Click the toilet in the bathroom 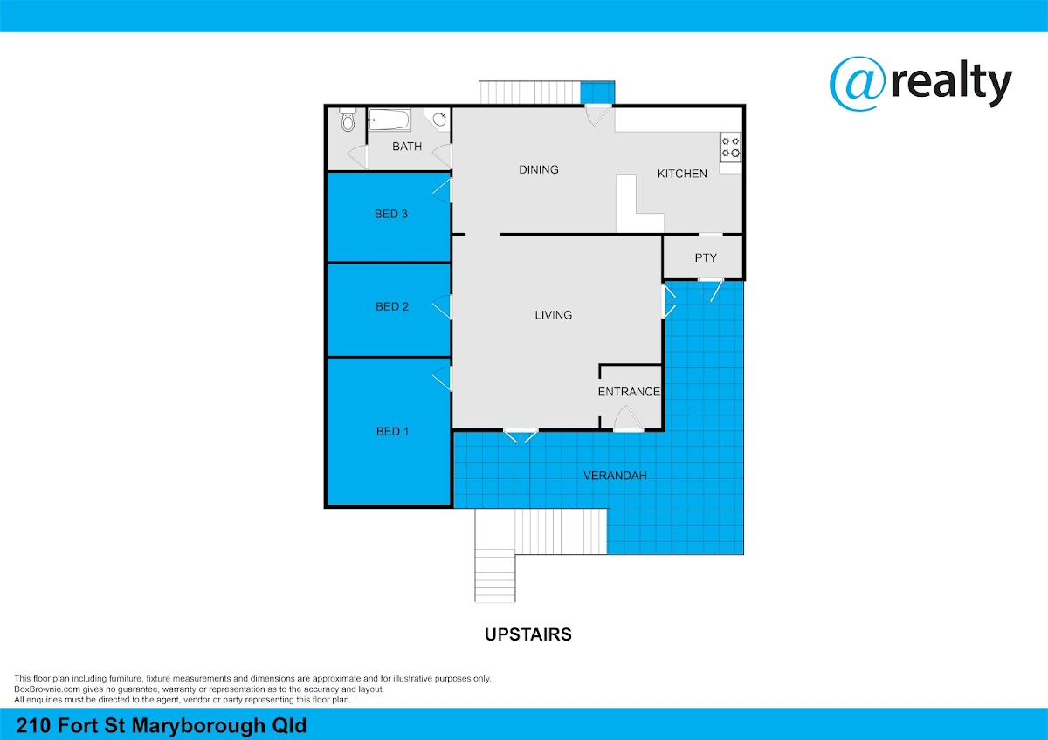tap(348, 120)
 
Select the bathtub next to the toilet tap(389, 120)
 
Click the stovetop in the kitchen tap(730, 147)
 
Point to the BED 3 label tap(391, 214)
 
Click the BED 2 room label tap(392, 306)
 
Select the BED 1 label tap(392, 431)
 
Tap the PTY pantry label tap(706, 257)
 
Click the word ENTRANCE tap(629, 392)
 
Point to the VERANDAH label tap(615, 476)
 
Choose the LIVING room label tap(554, 315)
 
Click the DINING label tap(539, 169)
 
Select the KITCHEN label tap(682, 174)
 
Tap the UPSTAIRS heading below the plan tap(528, 634)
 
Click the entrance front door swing tap(628, 417)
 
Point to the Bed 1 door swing tap(442, 378)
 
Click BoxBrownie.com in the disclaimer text tap(47, 689)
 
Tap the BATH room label tap(407, 147)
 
